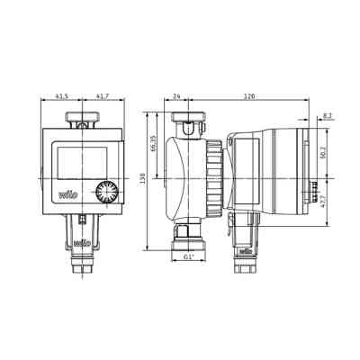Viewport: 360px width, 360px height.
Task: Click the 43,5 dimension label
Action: (62, 95)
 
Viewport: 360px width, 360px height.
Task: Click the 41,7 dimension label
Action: (102, 95)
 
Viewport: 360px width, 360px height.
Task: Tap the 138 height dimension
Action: (143, 179)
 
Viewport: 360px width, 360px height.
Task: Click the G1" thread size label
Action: (188, 257)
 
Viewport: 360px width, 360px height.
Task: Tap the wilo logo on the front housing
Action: (67, 192)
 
